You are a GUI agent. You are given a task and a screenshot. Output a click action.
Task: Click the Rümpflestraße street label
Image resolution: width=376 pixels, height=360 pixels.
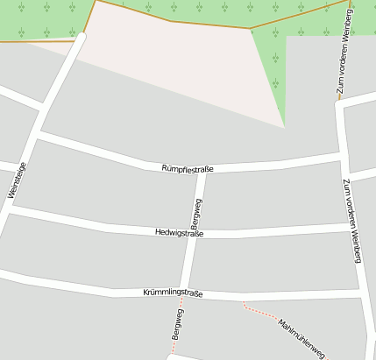[x=188, y=168]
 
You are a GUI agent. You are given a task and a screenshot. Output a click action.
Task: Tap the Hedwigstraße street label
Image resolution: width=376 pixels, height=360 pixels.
[x=179, y=233]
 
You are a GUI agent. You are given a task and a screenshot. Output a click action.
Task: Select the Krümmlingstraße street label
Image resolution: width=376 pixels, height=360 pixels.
[x=173, y=293]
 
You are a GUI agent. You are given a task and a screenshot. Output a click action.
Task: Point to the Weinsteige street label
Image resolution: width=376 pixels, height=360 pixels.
[x=17, y=181]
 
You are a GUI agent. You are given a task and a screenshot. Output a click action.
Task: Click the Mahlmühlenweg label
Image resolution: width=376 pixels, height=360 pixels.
[x=302, y=339]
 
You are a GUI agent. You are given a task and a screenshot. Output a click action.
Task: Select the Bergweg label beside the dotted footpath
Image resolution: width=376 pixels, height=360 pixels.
[x=178, y=323]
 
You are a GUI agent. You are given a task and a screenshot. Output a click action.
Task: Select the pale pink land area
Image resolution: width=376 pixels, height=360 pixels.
[x=175, y=61]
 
